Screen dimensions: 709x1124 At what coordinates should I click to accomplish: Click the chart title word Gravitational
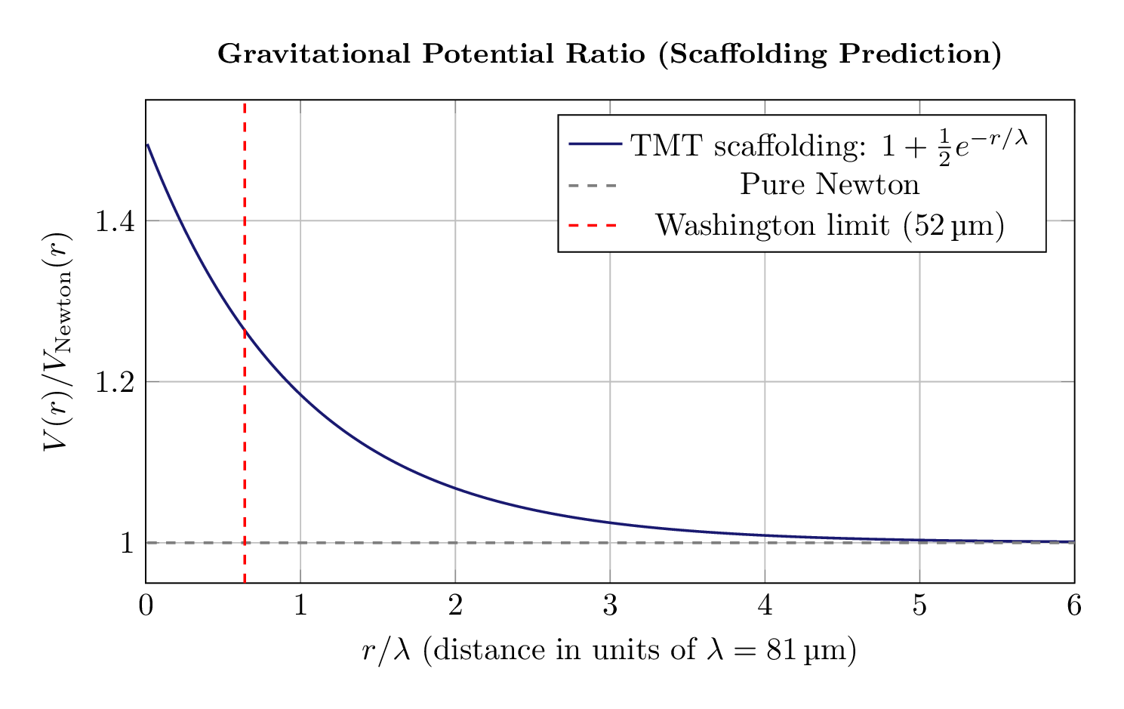313,54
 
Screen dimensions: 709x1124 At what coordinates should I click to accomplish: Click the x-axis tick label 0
146,606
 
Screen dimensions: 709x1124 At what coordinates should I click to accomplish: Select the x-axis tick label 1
300,606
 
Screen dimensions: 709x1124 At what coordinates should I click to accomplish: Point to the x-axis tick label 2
455,606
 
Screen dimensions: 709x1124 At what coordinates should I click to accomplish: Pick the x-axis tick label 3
610,606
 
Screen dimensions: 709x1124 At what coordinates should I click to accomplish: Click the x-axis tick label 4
765,606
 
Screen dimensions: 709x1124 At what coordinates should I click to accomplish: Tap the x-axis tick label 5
919,606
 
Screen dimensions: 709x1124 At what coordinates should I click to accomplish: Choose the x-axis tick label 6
1074,606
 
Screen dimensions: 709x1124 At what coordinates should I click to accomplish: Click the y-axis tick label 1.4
114,221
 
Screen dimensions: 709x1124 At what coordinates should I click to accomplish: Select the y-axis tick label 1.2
114,382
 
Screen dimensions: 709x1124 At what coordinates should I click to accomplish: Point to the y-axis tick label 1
127,543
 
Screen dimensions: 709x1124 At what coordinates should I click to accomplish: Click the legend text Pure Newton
829,184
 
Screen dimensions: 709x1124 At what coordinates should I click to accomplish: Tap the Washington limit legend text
829,225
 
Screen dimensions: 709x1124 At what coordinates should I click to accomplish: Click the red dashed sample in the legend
593,225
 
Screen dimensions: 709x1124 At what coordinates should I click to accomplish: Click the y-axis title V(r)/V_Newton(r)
58,341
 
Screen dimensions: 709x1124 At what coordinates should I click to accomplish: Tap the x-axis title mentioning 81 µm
609,651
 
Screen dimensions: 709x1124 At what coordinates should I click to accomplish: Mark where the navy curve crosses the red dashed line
245,330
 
